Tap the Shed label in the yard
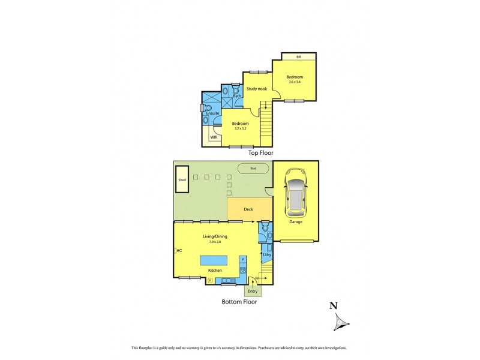181,179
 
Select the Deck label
248,209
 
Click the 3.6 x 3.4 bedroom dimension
294,82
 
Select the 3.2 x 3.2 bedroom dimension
240,128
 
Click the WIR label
214,137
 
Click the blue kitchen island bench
215,262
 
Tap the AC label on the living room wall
179,250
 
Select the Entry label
253,292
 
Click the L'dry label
267,255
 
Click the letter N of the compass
333,306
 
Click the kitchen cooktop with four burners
243,271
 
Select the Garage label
295,221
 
